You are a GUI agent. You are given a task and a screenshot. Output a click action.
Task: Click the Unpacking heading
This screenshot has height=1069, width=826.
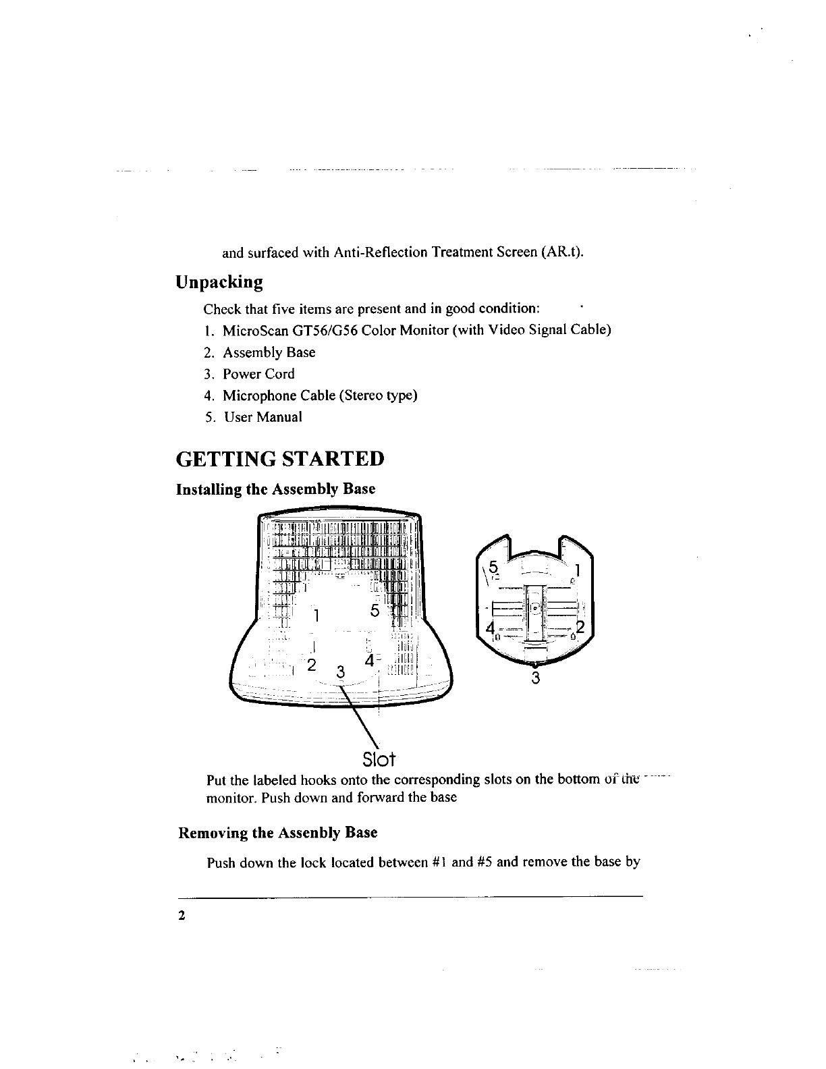[x=219, y=282]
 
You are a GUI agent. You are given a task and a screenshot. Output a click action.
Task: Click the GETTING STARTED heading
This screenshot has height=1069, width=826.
[x=279, y=459]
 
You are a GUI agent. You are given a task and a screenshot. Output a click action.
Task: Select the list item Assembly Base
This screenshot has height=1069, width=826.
[x=269, y=352]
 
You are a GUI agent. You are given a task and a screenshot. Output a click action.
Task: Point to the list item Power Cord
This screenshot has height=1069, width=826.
[x=258, y=374]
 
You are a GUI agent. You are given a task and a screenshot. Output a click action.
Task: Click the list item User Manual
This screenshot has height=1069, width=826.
[x=263, y=417]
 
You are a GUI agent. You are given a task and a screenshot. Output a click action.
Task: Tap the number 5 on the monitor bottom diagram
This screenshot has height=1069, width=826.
[x=375, y=611]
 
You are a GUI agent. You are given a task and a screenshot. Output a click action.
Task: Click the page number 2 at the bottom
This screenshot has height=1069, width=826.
[x=181, y=916]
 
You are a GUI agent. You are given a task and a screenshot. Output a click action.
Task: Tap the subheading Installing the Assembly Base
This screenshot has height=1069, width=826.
[x=275, y=489]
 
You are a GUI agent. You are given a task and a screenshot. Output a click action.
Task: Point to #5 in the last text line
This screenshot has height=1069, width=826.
[x=483, y=862]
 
